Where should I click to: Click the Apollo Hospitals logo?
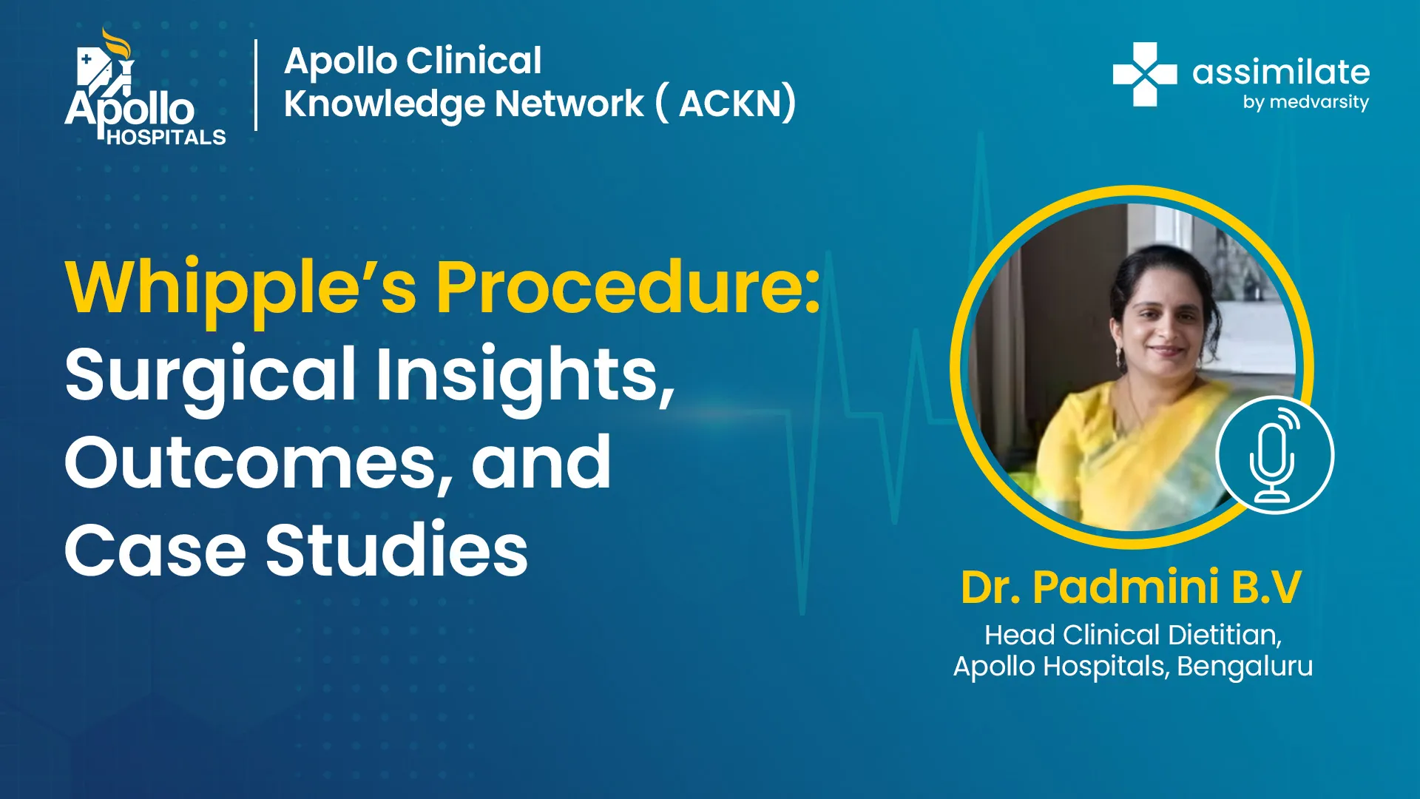(145, 87)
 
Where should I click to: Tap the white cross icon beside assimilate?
(1145, 74)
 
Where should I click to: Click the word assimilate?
(1281, 73)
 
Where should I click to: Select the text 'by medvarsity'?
(1305, 102)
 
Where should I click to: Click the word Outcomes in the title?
(258, 463)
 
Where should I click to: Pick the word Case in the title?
(155, 550)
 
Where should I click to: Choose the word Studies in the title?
(397, 549)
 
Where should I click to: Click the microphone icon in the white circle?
(1274, 455)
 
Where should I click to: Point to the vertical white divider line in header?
(256, 85)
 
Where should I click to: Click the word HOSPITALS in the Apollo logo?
(166, 138)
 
